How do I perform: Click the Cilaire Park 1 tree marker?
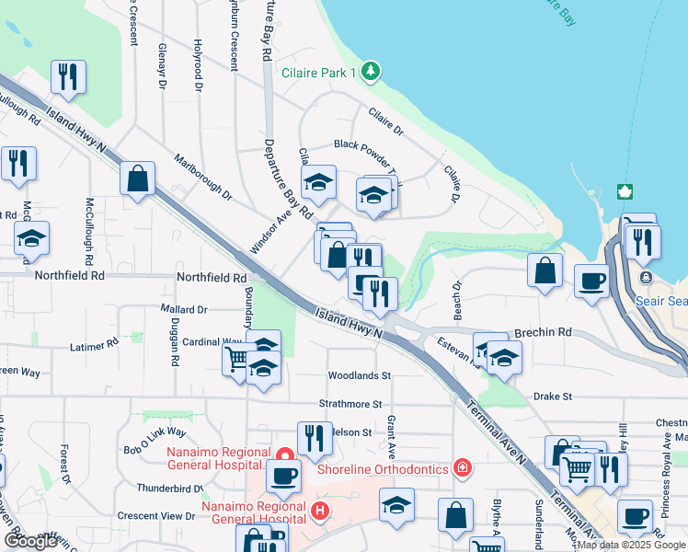[370, 71]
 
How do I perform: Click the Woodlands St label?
[360, 375]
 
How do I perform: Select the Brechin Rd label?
[544, 332]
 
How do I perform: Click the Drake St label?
[553, 397]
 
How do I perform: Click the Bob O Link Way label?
[155, 431]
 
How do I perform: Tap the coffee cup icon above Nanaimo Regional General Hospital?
[283, 476]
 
